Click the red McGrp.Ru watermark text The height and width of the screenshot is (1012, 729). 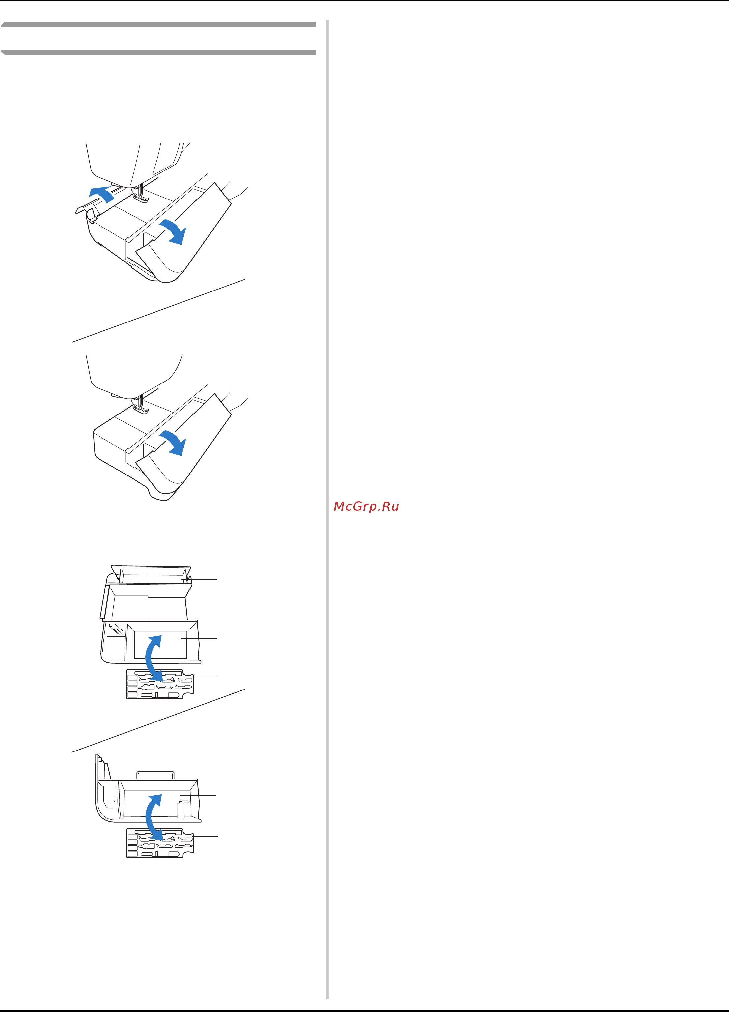click(366, 506)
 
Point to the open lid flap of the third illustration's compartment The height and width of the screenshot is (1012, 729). click(152, 574)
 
